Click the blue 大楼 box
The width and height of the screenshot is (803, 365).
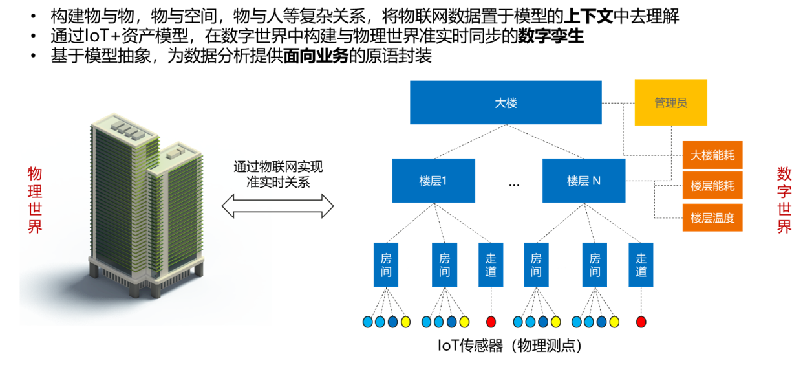tap(506, 102)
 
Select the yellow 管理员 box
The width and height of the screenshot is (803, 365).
tap(670, 102)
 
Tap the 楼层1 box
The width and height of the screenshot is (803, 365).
tap(433, 181)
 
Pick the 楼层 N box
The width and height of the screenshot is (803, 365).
tap(584, 181)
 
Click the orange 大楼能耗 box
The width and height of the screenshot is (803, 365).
tap(712, 155)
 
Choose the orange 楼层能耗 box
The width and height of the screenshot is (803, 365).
tap(712, 186)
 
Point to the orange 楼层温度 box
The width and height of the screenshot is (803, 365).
tap(712, 217)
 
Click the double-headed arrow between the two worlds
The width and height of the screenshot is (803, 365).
tap(277, 206)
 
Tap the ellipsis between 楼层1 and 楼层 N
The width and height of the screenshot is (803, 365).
tap(514, 184)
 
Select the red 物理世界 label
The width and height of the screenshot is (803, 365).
tap(35, 200)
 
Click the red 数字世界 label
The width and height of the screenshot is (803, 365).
tap(784, 200)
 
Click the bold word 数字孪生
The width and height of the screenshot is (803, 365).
tap(551, 36)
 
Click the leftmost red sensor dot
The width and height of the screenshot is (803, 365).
tap(491, 322)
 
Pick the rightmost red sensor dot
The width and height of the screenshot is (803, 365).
tap(641, 322)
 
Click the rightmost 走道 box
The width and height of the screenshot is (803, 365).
tap(641, 265)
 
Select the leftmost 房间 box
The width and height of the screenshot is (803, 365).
tap(386, 265)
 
